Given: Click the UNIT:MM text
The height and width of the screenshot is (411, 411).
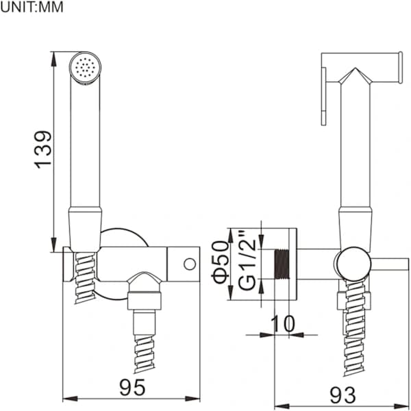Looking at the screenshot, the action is click(x=32, y=7).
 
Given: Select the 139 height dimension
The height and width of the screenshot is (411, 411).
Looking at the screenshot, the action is click(x=43, y=149).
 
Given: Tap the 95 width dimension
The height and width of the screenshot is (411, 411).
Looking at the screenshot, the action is click(x=132, y=388).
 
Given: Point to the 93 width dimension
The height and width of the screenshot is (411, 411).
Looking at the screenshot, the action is click(x=343, y=395).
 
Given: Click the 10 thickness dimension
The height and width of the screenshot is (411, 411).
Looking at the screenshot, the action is click(x=282, y=324).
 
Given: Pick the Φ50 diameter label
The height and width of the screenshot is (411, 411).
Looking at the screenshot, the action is click(x=221, y=262).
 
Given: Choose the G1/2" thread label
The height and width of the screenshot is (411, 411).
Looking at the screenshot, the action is click(x=247, y=260).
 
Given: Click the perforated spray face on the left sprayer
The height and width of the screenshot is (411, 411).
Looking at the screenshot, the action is click(x=85, y=67).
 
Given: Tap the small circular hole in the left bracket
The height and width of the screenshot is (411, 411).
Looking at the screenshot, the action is click(x=190, y=264).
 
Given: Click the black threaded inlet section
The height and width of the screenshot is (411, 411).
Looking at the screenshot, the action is click(x=282, y=264).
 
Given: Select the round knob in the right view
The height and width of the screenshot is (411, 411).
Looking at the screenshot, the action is click(x=354, y=264).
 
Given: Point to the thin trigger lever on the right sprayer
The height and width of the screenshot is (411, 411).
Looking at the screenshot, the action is click(x=324, y=97).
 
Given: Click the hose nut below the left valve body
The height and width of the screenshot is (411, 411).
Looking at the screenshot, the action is click(x=144, y=300).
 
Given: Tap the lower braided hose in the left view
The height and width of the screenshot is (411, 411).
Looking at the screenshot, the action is click(x=144, y=353).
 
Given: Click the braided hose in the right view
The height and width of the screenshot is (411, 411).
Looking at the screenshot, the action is click(x=354, y=327).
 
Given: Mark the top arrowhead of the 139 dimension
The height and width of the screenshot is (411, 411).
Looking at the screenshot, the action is click(x=53, y=59).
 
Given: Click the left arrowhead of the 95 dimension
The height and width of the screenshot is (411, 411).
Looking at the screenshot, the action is click(x=71, y=399).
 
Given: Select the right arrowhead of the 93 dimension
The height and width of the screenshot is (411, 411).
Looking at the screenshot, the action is click(x=401, y=406).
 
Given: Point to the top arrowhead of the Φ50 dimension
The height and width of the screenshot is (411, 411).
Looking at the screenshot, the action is click(x=231, y=236).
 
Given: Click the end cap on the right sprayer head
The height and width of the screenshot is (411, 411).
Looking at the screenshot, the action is click(x=400, y=68).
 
